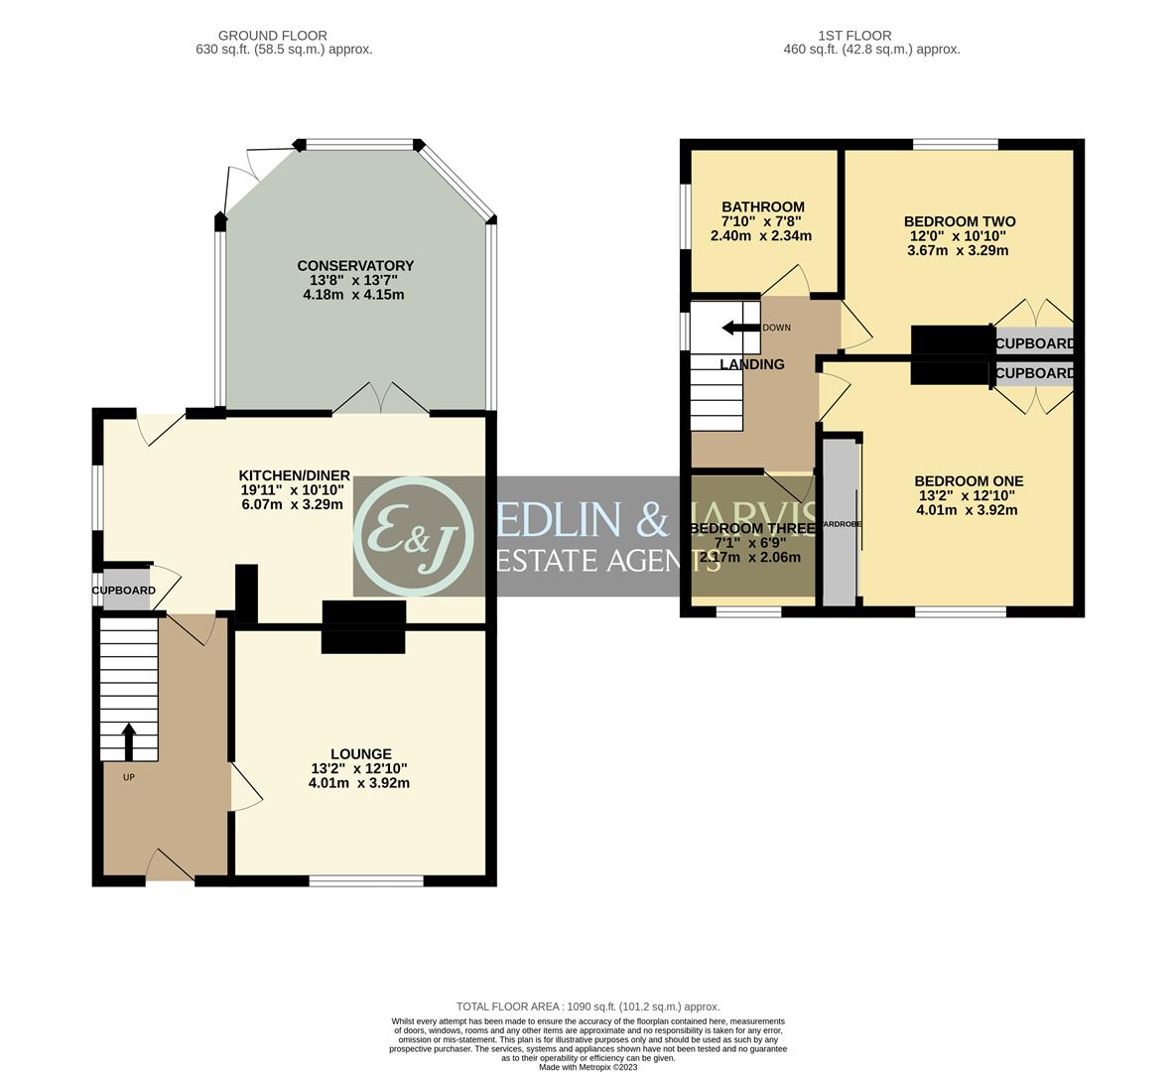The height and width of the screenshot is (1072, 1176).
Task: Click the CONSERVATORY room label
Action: [x=355, y=266]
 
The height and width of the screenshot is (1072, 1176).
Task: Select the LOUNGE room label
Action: [x=361, y=754]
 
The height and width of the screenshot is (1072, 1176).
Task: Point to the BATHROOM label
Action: [x=762, y=207]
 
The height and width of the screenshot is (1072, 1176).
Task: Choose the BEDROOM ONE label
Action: [x=969, y=481]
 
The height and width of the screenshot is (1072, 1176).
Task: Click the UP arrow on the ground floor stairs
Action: [x=128, y=739]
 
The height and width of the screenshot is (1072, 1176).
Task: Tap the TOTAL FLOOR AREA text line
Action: [x=588, y=1006]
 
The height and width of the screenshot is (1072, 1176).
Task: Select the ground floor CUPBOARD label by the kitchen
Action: [x=124, y=591]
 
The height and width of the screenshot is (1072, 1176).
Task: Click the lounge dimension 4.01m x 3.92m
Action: [x=359, y=783]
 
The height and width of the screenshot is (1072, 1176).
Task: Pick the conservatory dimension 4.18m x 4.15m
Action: [x=355, y=295]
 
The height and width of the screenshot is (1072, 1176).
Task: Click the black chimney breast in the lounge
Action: [x=363, y=627]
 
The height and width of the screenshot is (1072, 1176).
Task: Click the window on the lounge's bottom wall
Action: [x=366, y=880]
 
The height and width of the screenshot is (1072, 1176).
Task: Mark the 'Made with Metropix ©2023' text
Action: [x=588, y=1067]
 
